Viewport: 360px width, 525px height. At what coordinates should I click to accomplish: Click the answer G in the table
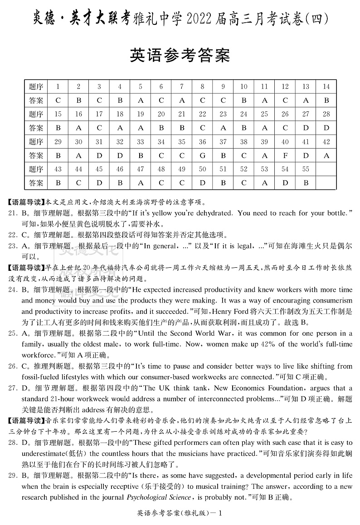(x=202, y=155)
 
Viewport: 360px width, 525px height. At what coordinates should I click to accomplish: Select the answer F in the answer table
(x=285, y=155)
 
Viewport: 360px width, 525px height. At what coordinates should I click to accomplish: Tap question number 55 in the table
(x=305, y=169)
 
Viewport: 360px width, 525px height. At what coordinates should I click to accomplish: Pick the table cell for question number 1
(x=58, y=87)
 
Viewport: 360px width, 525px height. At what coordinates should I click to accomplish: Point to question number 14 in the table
(x=326, y=87)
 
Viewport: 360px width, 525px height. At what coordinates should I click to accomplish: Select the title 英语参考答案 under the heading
(x=180, y=55)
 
